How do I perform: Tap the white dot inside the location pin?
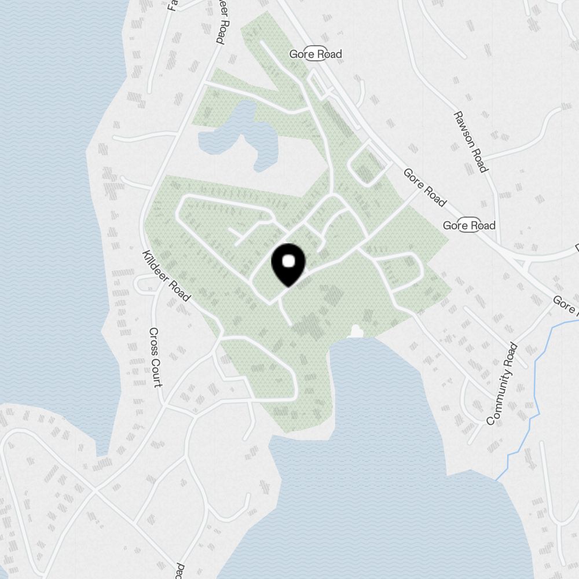coord(288,262)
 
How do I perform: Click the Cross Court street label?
coord(156,357)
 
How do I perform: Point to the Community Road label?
coord(501,384)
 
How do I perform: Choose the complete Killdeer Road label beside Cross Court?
coord(166,276)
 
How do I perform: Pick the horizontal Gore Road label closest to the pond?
coord(316,54)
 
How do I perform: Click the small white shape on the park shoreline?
coord(356,332)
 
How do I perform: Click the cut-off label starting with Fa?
coord(171,5)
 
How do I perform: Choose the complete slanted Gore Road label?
coord(425,187)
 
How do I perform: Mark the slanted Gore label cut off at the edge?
coord(565,303)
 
